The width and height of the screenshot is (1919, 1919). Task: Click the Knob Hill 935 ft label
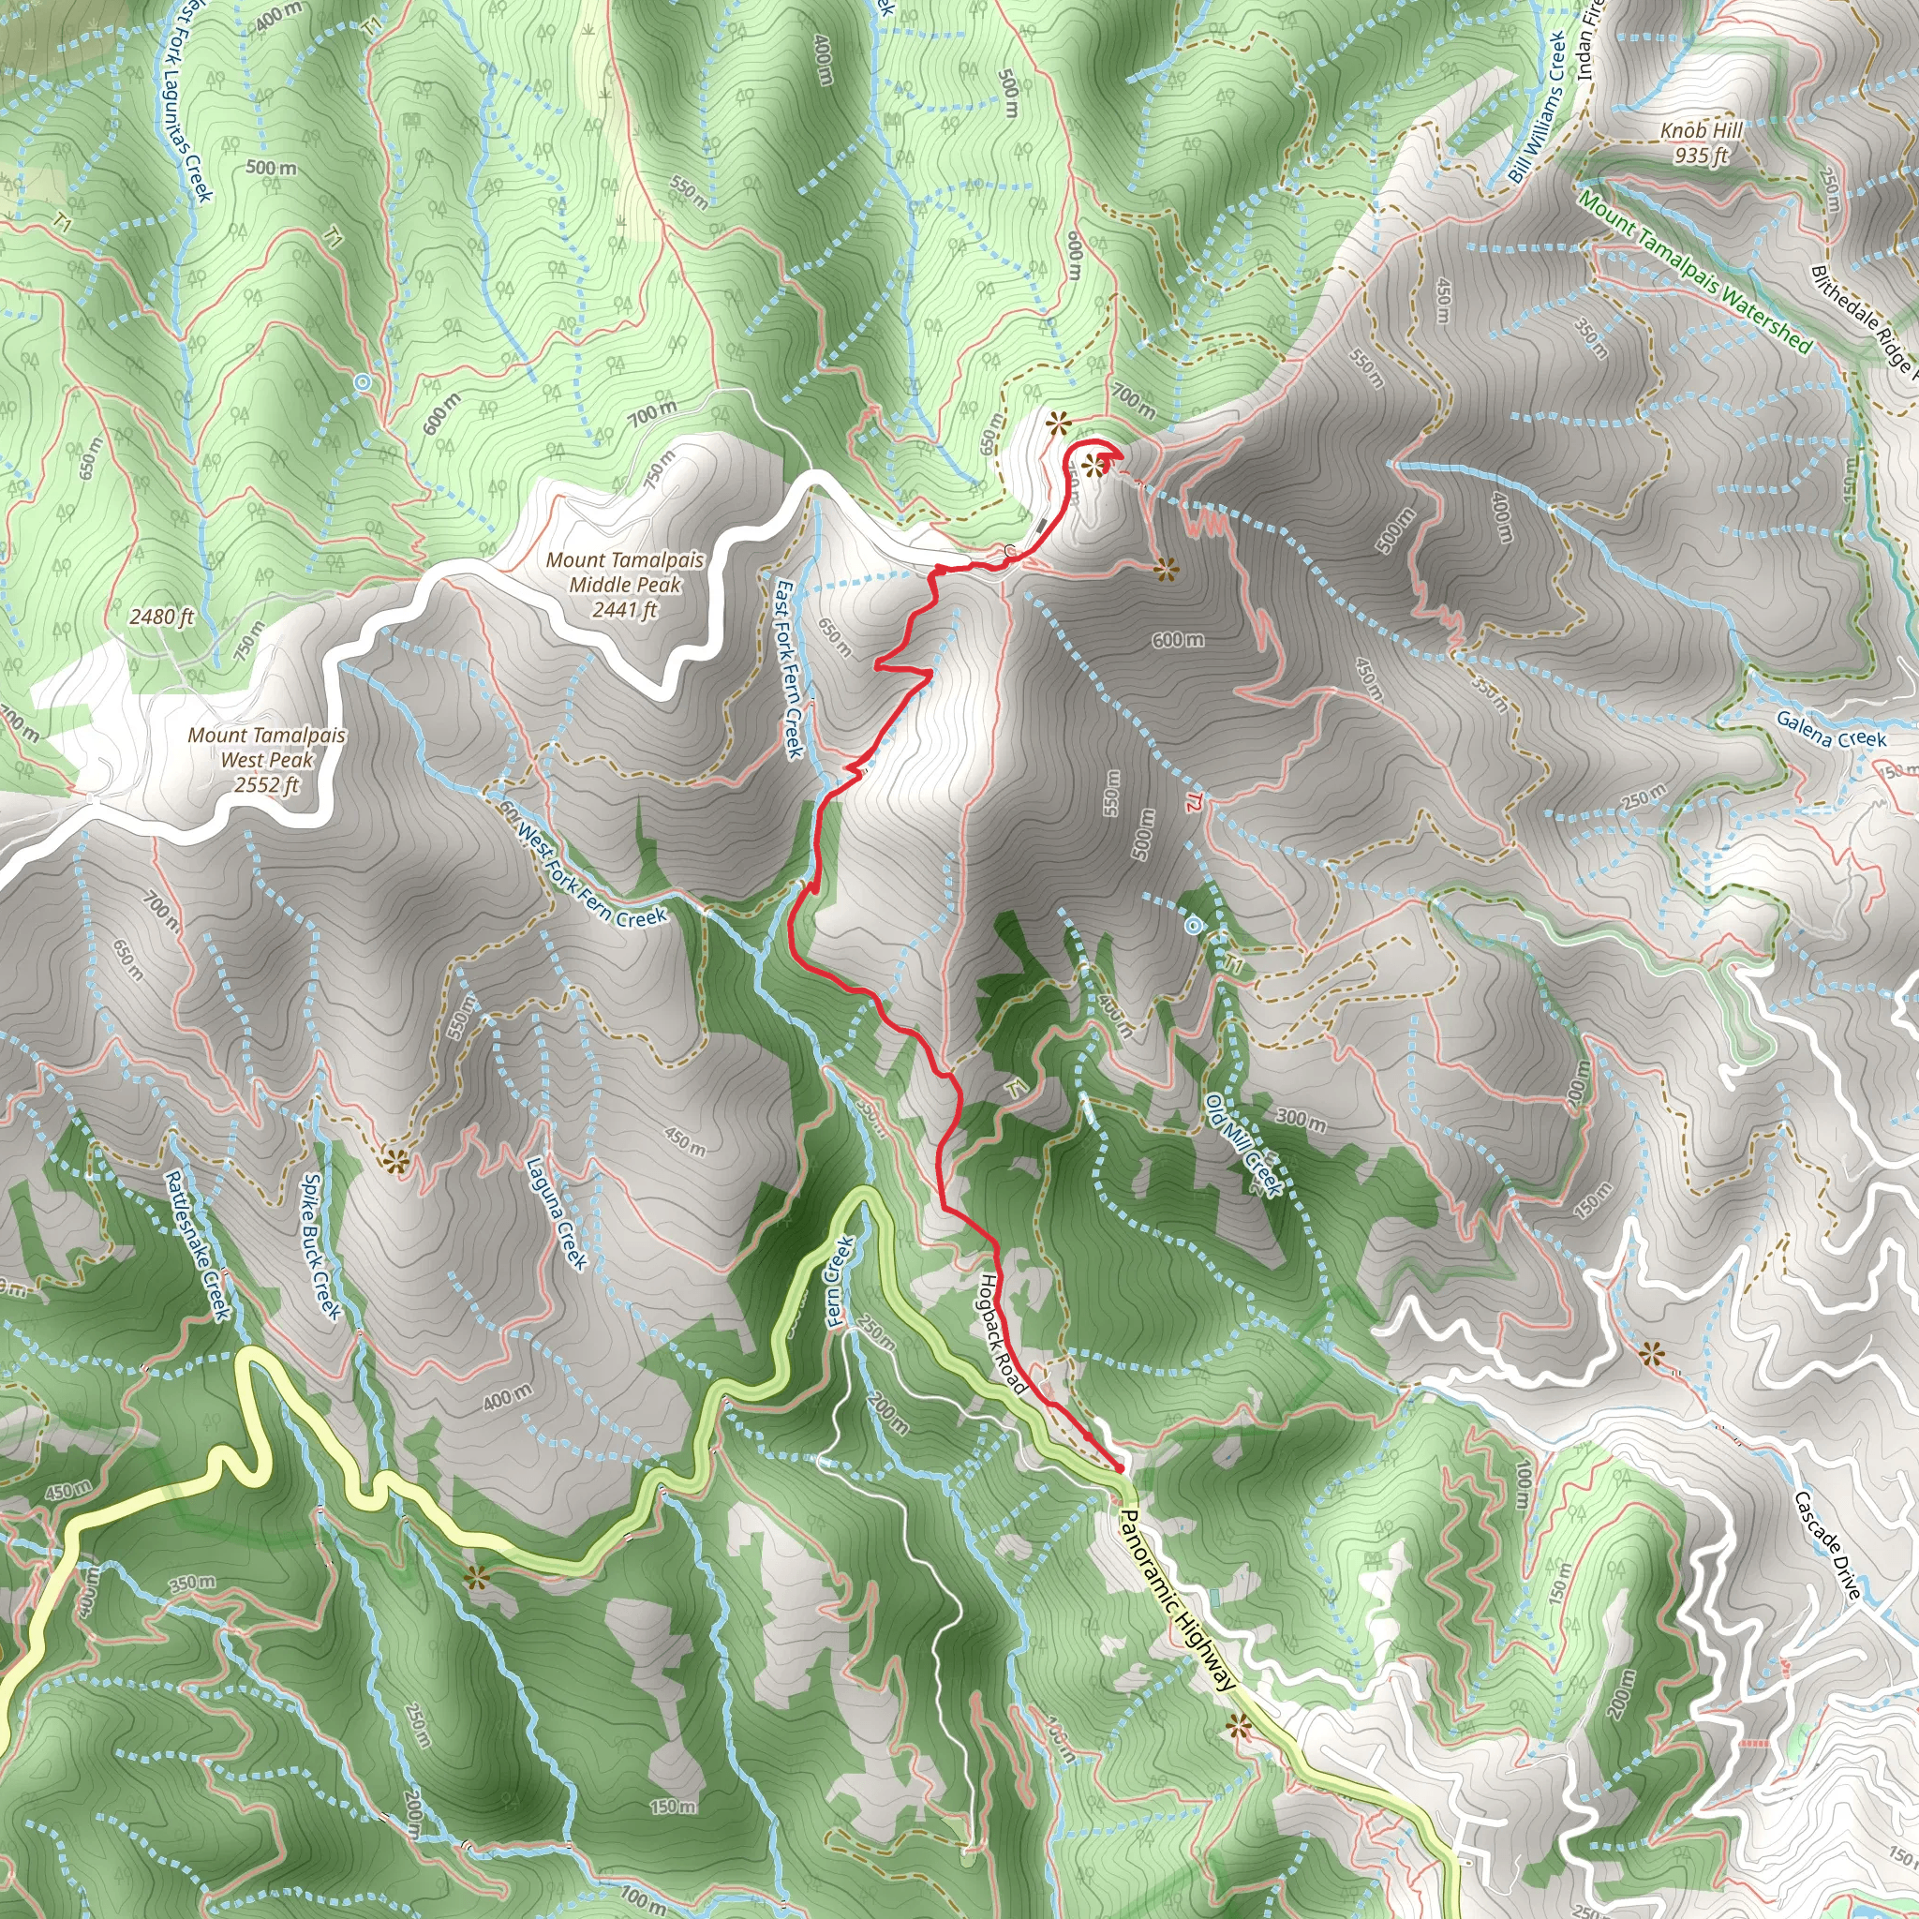coord(1701,143)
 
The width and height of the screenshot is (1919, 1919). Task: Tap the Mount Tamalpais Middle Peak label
coord(625,584)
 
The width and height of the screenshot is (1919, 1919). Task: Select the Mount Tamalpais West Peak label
coord(266,760)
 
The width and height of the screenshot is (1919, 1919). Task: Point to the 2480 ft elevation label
coord(162,617)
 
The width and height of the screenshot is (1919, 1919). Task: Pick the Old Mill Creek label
coord(1244,1144)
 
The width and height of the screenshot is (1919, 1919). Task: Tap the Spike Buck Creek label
coord(320,1247)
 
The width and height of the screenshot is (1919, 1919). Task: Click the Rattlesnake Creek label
coord(197,1245)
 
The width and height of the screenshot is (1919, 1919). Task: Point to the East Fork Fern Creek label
coord(790,668)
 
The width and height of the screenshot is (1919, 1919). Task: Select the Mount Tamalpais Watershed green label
coord(1694,270)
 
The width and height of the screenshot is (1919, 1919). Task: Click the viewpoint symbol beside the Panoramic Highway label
coord(1239,1728)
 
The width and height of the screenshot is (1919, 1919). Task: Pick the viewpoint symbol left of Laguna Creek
coord(397,1159)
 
